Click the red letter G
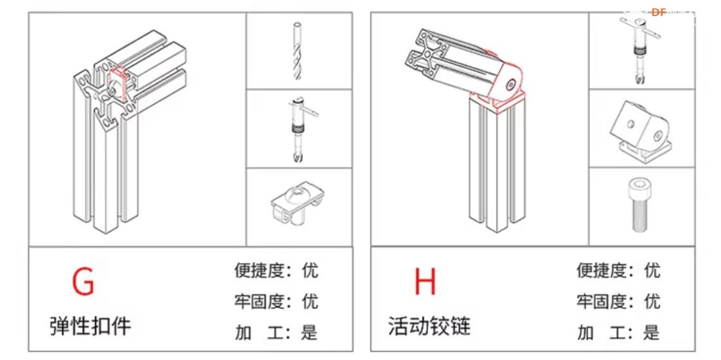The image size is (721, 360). coord(83,281)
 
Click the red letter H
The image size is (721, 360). coord(424,281)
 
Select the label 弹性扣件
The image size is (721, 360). coord(91,326)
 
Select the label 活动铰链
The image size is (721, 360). coord(430,326)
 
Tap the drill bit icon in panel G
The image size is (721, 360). coord(297,51)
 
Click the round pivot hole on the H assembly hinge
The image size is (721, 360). coord(511,83)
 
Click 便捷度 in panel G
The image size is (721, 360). coord(259,270)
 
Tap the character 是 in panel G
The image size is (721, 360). coord(309,332)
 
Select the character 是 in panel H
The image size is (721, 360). coord(651,332)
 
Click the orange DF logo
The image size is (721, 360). coord(659,12)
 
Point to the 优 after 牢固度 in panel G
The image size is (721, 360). coord(309,301)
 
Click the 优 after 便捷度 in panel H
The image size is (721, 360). coord(651,270)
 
